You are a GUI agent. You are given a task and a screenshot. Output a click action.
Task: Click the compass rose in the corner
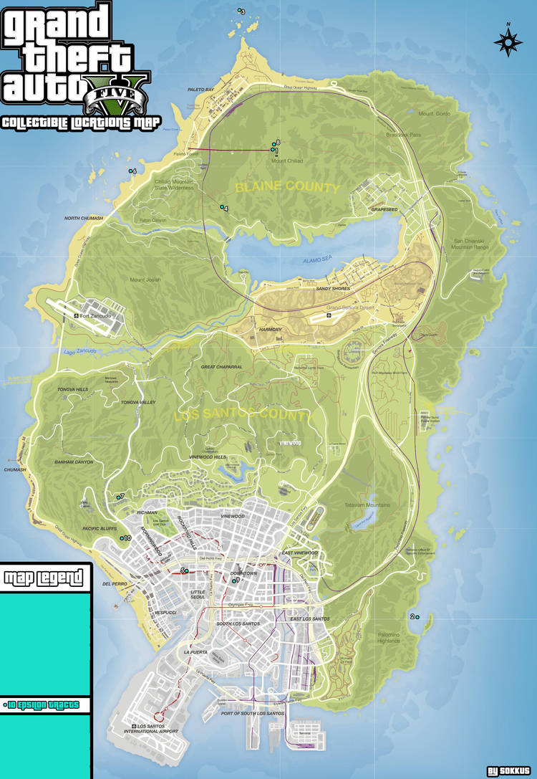[508, 42]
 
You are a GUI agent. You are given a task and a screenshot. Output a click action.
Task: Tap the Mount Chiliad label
[287, 161]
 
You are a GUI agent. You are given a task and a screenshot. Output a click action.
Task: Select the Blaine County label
[287, 188]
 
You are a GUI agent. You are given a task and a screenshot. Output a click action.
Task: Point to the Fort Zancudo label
[97, 316]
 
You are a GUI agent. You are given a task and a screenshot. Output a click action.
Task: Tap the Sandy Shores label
[333, 289]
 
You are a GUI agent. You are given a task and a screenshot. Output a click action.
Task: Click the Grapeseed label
[384, 210]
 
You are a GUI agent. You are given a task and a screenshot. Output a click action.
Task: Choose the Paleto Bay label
[200, 90]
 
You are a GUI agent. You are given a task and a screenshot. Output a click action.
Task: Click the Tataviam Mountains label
[367, 505]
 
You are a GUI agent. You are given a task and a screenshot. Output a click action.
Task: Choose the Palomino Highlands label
[390, 638]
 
